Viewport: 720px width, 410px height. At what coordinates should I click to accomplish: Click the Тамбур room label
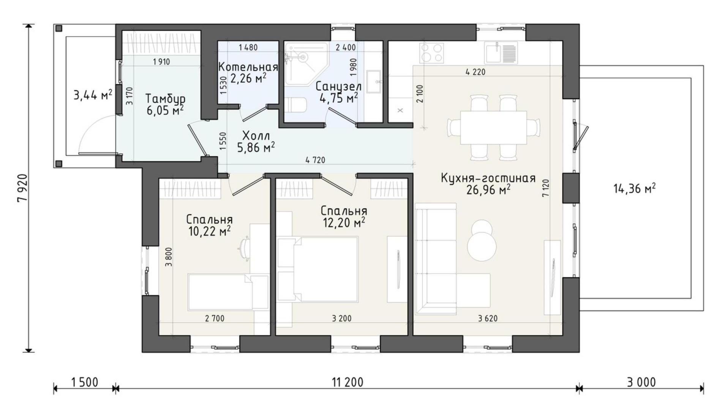166,99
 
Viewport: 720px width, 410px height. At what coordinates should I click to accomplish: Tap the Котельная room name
248,67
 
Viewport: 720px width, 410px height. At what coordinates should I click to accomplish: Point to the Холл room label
256,136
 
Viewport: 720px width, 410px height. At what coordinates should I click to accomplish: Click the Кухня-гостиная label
488,178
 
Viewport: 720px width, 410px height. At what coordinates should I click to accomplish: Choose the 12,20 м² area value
344,222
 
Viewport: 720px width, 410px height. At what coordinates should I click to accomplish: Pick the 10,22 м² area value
210,231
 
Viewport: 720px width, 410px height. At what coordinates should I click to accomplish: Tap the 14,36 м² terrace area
635,188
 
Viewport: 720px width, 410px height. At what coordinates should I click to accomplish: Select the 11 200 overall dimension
347,382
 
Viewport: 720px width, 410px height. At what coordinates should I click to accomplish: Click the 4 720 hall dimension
315,160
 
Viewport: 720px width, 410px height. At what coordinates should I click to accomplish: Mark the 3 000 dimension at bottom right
641,382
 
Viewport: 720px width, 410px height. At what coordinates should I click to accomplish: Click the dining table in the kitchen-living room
493,128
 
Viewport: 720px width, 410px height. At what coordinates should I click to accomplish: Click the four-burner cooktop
431,53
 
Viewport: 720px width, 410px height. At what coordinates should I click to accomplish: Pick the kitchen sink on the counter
501,53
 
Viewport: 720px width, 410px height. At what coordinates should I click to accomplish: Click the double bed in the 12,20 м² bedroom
318,270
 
